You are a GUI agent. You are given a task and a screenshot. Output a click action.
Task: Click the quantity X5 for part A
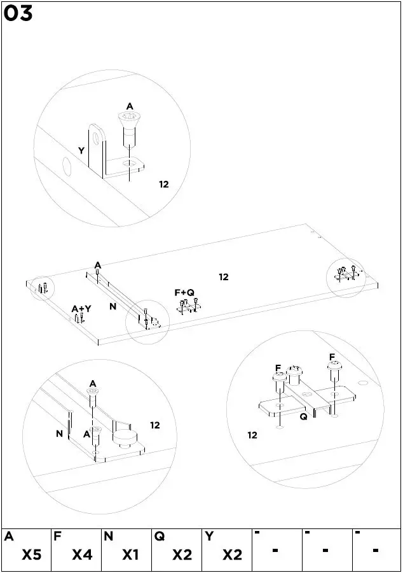pyautogui.click(x=32, y=555)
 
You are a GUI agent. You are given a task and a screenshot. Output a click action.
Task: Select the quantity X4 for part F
pyautogui.click(x=82, y=555)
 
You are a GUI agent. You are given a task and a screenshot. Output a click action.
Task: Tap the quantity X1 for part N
pyautogui.click(x=130, y=555)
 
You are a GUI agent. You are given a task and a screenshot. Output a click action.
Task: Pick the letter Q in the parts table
pyautogui.click(x=158, y=537)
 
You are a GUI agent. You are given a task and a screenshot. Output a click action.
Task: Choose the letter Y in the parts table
pyautogui.click(x=208, y=537)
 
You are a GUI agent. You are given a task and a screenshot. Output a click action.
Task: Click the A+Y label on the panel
pyautogui.click(x=81, y=309)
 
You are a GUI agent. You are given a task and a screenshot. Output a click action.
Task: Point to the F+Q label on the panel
pyautogui.click(x=184, y=292)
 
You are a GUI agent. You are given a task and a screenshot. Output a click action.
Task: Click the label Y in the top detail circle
pyautogui.click(x=81, y=151)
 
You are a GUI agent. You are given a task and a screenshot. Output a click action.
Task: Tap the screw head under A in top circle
pyautogui.click(x=129, y=118)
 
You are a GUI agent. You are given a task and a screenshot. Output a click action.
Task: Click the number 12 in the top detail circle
pyautogui.click(x=164, y=184)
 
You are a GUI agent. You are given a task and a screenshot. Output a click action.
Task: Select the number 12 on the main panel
pyautogui.click(x=224, y=277)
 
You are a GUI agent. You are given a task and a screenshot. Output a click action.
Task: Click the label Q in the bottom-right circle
pyautogui.click(x=303, y=417)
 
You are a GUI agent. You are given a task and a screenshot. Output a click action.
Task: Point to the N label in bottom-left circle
pyautogui.click(x=59, y=434)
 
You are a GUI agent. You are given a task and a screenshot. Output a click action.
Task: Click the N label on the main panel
pyautogui.click(x=113, y=306)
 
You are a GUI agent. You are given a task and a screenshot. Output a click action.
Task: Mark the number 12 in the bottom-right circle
pyautogui.click(x=252, y=435)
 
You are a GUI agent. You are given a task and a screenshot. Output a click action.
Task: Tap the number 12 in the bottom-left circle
pyautogui.click(x=155, y=425)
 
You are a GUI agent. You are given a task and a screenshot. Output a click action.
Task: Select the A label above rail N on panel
pyautogui.click(x=98, y=265)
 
